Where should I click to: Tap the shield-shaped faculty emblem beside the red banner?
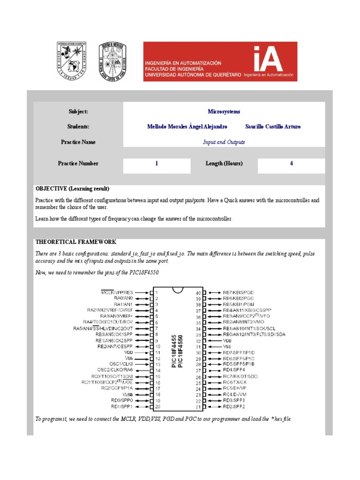pos(112,61)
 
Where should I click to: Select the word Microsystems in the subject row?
pos(224,112)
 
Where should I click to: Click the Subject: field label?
pos(78,112)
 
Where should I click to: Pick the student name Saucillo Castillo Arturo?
pos(273,127)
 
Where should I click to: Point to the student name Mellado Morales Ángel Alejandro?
pos(187,127)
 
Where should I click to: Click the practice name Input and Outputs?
pos(224,142)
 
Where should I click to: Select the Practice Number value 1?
pos(157,164)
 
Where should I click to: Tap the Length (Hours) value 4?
pos(291,164)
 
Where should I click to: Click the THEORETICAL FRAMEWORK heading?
pos(76,242)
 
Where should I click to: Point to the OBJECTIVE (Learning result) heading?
pos(72,188)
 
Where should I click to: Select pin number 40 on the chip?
pos(198,292)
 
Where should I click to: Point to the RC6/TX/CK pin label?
pos(235,382)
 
